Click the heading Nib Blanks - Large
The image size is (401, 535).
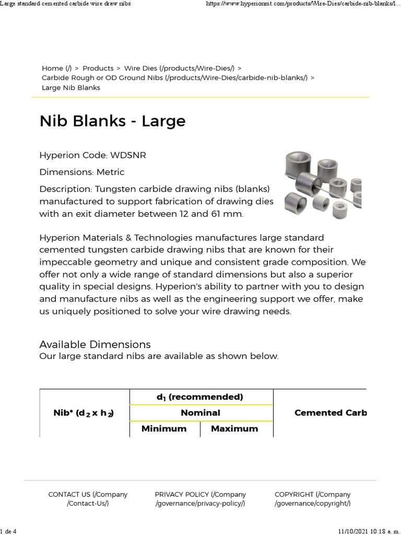[x=112, y=121]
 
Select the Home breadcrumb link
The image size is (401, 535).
[x=57, y=68]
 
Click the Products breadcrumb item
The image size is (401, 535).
[x=98, y=68]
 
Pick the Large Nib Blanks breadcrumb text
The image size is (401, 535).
[x=71, y=88]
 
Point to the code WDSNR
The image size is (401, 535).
[x=124, y=156]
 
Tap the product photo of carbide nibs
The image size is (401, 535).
[x=323, y=185]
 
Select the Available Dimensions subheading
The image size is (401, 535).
[x=95, y=344]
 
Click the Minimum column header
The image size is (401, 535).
[x=164, y=428]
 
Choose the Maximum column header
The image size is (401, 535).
[x=234, y=428]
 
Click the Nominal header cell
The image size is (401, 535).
[x=200, y=413]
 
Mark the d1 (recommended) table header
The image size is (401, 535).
[x=200, y=397]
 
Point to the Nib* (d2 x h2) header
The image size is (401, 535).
[x=84, y=413]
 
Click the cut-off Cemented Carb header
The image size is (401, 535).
[x=330, y=413]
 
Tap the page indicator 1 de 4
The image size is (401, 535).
[x=9, y=531]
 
